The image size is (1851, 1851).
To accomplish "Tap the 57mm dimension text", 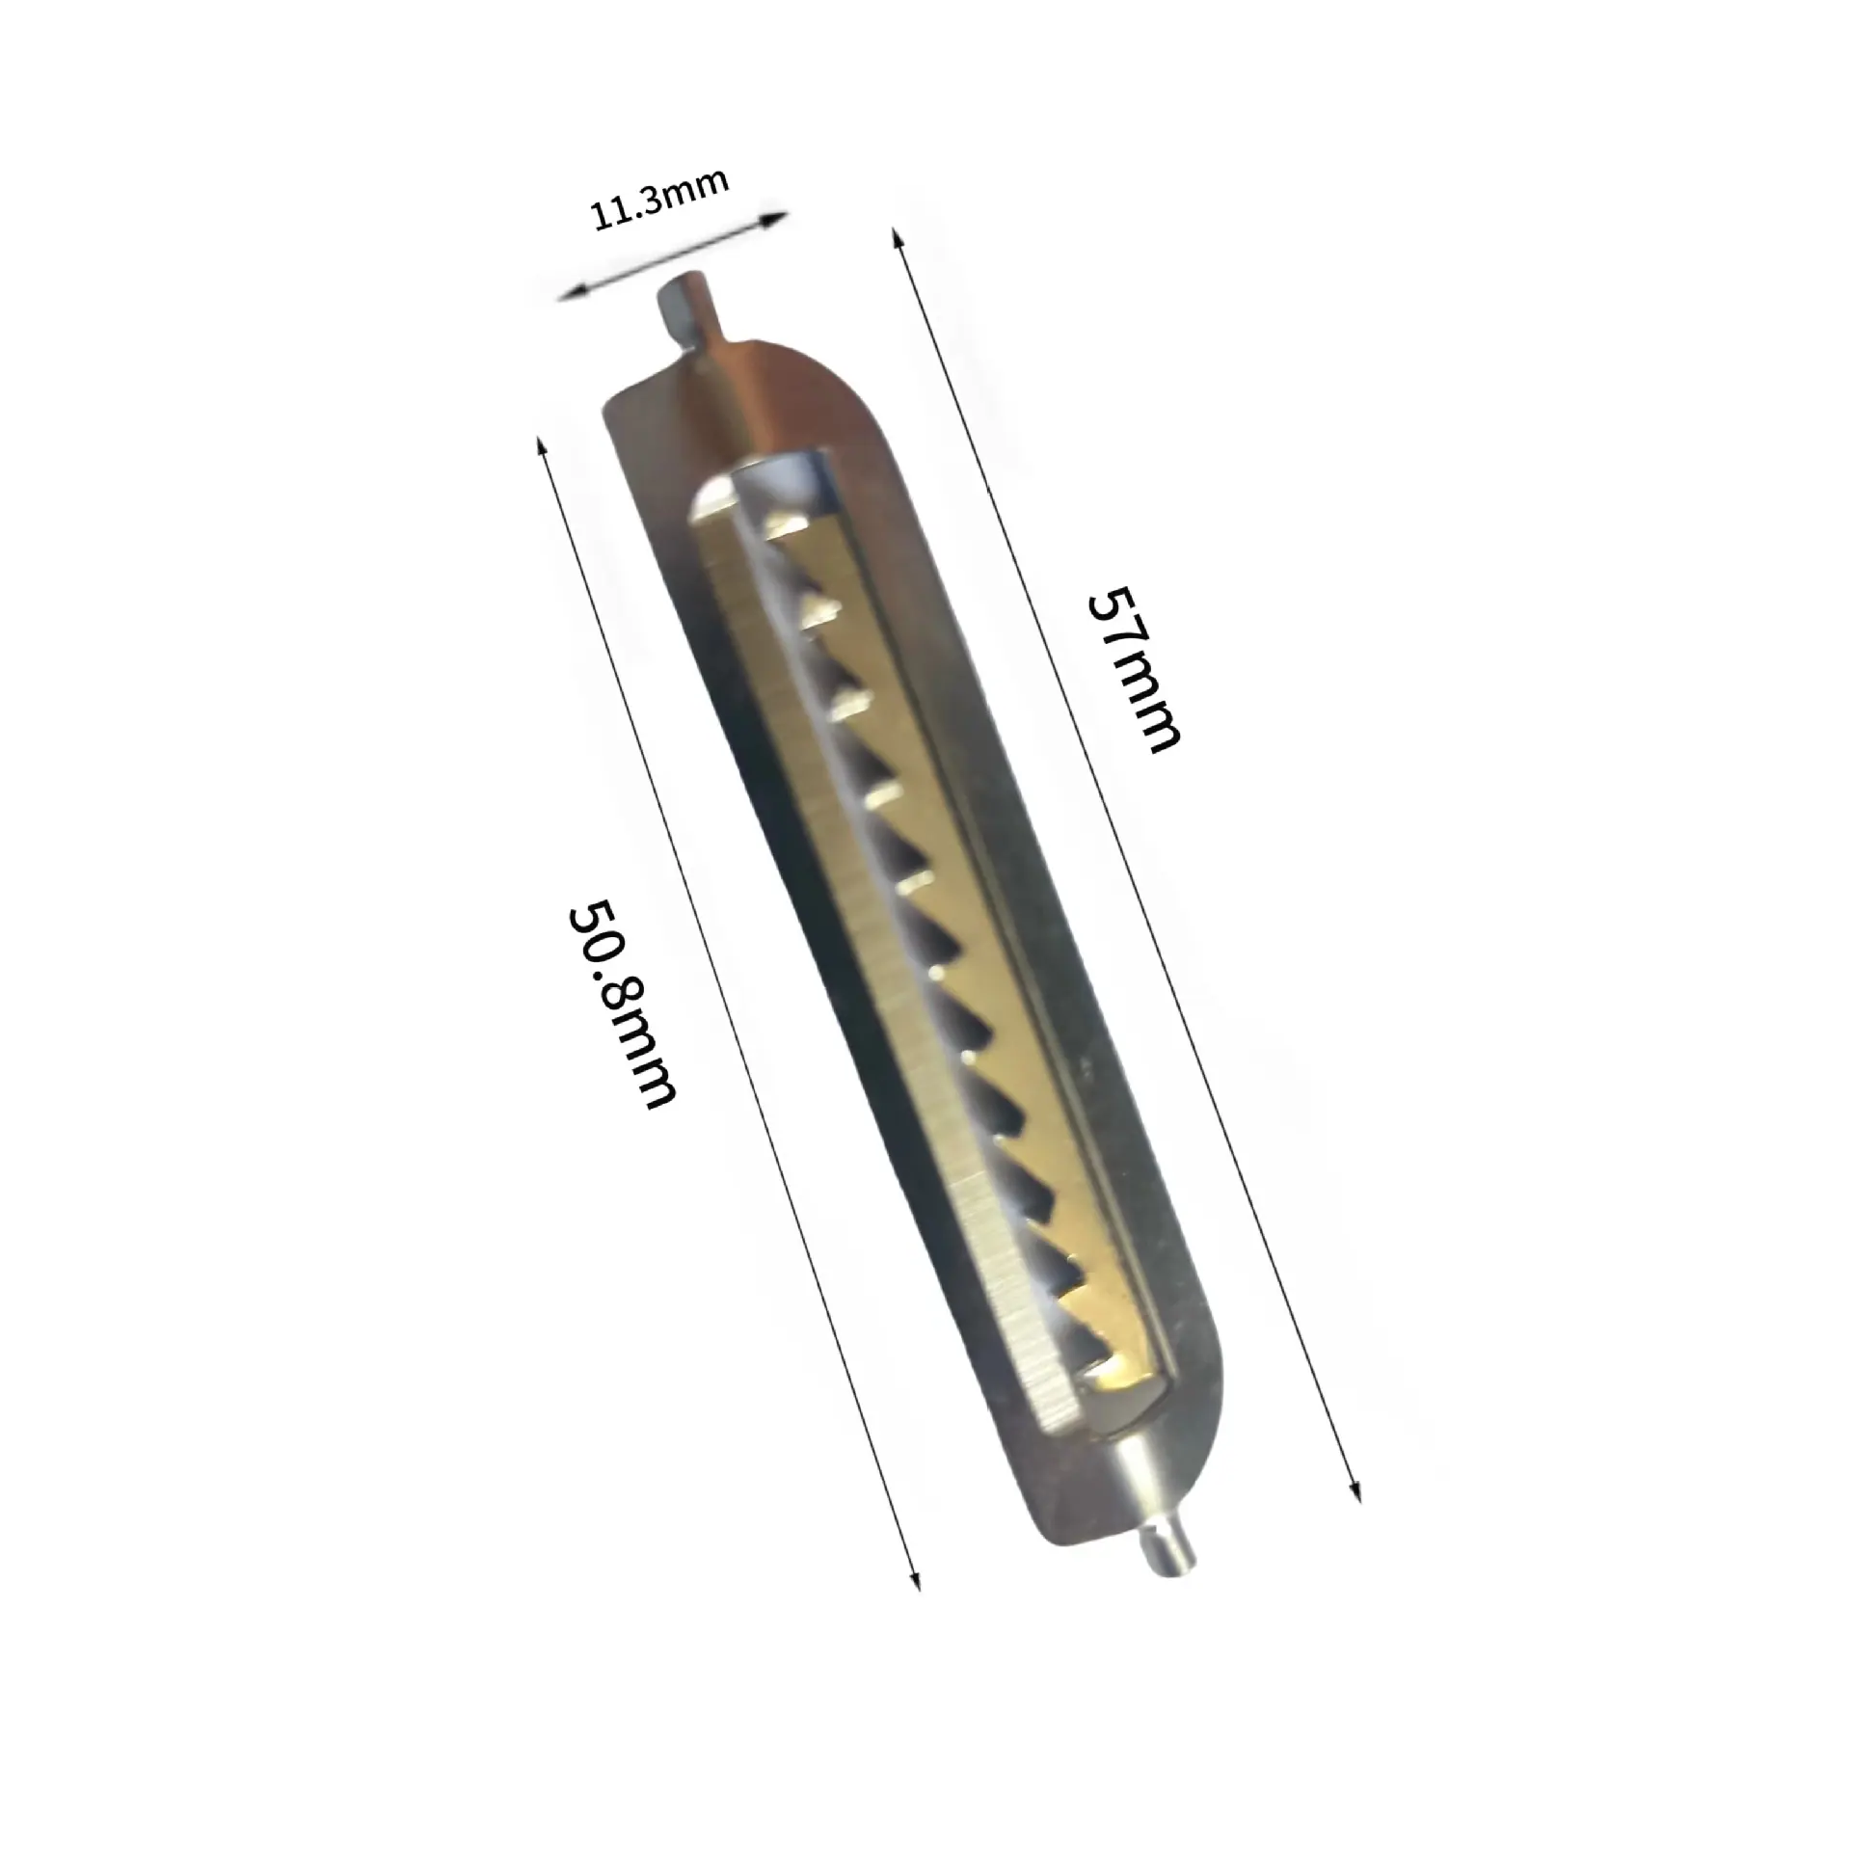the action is tap(1133, 669).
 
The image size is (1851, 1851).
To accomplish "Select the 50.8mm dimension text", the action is tap(620, 1004).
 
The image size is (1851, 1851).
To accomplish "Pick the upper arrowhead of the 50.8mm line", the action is tap(544, 446).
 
